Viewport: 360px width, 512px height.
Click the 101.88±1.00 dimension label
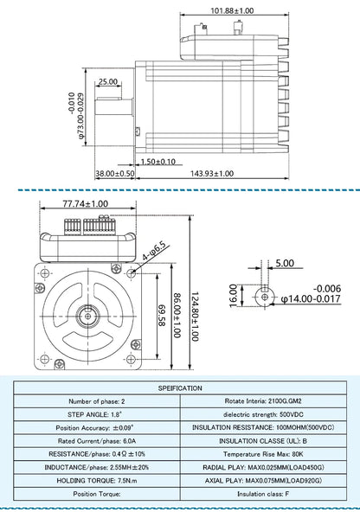[232, 10]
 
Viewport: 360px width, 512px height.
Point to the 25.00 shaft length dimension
[108, 81]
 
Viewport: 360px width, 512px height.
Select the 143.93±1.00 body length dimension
[212, 173]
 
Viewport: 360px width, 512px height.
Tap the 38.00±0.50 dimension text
[115, 173]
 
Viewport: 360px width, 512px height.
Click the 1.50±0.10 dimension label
[158, 162]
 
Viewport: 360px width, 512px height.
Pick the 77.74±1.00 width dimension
[86, 204]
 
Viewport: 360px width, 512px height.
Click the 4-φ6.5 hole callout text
[155, 252]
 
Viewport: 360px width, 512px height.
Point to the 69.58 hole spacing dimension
[162, 316]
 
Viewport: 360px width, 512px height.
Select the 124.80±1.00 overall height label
[195, 317]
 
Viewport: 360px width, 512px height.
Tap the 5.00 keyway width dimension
[285, 263]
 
